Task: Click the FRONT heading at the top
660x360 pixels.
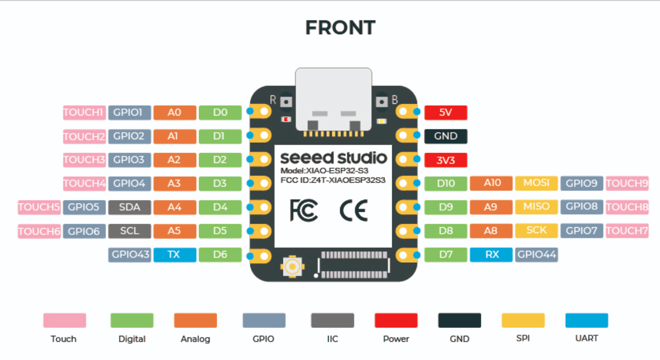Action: coord(340,28)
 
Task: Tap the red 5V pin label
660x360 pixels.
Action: coord(445,113)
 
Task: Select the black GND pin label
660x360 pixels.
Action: coord(445,136)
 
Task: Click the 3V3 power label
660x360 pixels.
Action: coord(445,160)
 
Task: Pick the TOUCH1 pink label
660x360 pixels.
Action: coord(84,113)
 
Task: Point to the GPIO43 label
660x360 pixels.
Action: coord(130,255)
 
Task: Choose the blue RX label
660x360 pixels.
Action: coord(491,255)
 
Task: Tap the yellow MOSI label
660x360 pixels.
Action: coord(536,183)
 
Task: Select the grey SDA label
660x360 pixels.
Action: coord(129,207)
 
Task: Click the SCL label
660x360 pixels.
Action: coord(129,231)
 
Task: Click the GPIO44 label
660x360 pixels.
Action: coord(536,255)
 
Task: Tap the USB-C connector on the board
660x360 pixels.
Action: coord(333,99)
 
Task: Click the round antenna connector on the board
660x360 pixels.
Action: coord(293,267)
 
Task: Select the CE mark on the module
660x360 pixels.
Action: coord(353,211)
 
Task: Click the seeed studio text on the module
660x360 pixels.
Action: coord(333,158)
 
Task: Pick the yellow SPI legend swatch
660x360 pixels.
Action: coord(523,320)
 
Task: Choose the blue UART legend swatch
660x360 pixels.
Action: coord(586,320)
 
